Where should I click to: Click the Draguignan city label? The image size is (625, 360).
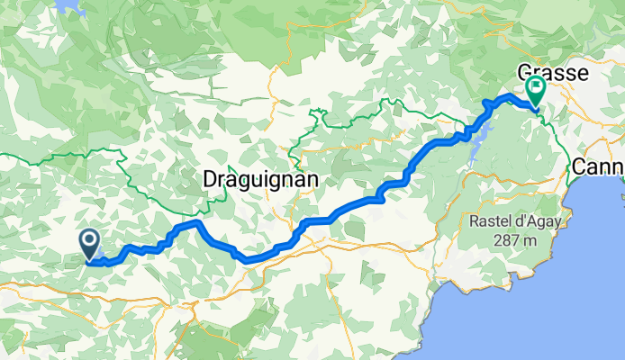pyautogui.click(x=261, y=179)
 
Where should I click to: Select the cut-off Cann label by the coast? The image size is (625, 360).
pyautogui.click(x=598, y=166)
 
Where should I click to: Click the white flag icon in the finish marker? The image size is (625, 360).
pyautogui.click(x=537, y=87)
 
